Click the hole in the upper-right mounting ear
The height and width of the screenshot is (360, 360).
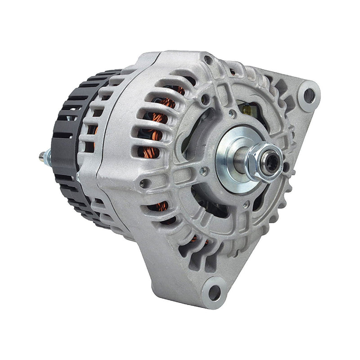[x=309, y=95]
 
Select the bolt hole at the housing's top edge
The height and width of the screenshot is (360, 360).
[x=208, y=59]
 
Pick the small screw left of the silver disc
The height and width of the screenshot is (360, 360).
[x=203, y=170]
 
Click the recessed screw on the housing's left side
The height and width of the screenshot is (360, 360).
[x=144, y=183]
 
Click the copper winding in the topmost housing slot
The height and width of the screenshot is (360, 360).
[x=179, y=90]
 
